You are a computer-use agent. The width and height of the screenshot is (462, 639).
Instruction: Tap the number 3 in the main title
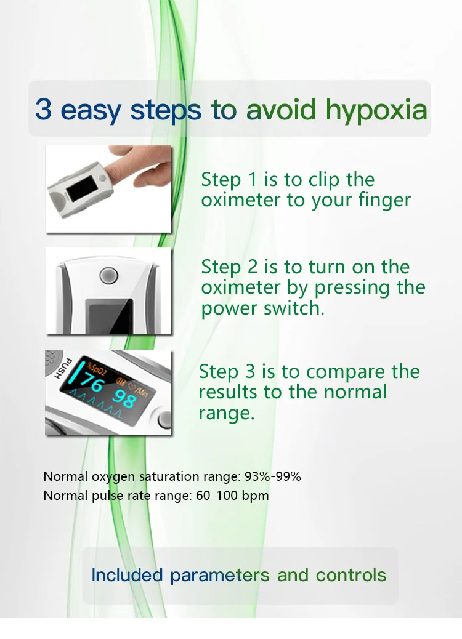tap(43, 109)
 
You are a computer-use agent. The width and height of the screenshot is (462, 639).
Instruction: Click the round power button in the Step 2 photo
tap(109, 275)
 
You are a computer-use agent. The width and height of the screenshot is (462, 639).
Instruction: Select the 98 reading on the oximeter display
tap(124, 398)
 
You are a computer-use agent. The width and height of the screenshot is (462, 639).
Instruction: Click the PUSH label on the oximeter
tap(63, 368)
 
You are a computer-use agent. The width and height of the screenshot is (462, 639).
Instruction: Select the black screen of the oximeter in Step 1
tap(81, 187)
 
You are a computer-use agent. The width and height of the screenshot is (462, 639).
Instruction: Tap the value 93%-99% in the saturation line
tap(272, 476)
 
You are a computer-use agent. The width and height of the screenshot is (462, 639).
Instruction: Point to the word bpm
tap(255, 496)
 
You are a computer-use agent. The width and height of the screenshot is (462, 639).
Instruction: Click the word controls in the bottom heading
tap(351, 575)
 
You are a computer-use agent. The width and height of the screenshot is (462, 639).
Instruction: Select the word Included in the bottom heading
tap(127, 575)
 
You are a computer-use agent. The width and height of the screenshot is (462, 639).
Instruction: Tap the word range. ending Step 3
tap(226, 414)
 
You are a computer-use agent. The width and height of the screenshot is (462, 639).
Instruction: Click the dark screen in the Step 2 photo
tap(111, 316)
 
